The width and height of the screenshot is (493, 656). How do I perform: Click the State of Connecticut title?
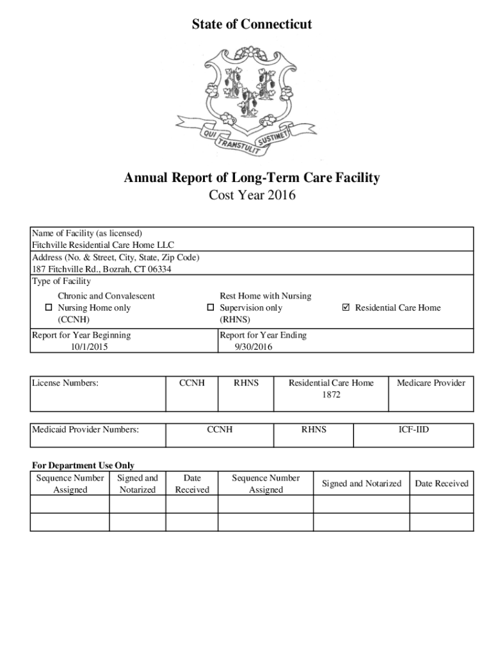coord(252,24)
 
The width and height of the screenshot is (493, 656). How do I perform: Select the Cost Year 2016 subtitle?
coord(252,195)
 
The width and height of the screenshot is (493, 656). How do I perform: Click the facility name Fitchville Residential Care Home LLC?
coord(103,245)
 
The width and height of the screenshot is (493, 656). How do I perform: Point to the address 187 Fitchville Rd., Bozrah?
coord(102,269)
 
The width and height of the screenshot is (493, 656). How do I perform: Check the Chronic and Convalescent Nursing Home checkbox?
coord(48,308)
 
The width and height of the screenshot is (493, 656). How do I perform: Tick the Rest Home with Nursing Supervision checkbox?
coord(210,308)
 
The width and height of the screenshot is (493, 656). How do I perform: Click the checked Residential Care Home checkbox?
coord(346,308)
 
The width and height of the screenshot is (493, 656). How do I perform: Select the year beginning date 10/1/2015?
coord(89,347)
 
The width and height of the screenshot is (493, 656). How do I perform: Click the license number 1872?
coord(331,395)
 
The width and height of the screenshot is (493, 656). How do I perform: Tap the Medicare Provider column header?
coord(431,383)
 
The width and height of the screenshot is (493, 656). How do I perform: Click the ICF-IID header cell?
coord(414,429)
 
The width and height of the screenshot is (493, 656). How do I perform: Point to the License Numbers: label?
coord(65,383)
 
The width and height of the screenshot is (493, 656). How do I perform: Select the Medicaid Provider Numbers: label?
coord(85,429)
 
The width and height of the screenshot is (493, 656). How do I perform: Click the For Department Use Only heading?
coord(83,466)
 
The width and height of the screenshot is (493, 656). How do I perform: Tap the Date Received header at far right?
coord(442,484)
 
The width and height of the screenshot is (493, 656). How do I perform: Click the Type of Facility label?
coord(61,281)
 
